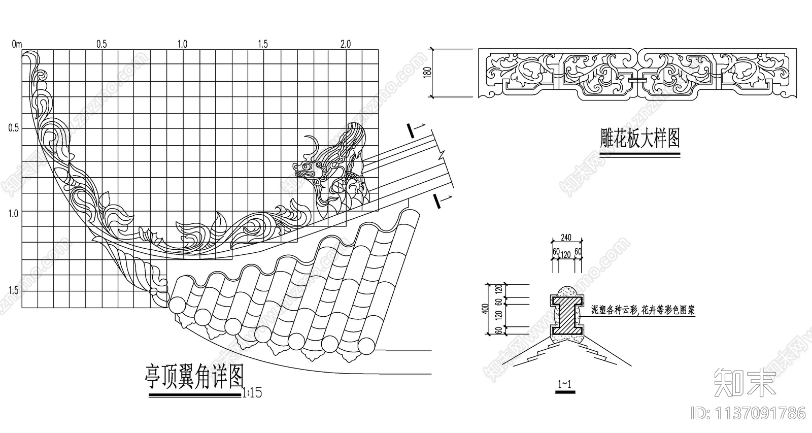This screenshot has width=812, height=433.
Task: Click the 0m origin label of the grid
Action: (x=17, y=44)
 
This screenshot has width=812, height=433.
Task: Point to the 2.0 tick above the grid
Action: (x=345, y=44)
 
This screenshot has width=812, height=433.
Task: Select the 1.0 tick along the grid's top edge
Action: (x=182, y=44)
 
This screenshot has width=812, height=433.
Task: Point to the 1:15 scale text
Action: (x=252, y=393)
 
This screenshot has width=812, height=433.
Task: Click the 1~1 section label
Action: (x=564, y=385)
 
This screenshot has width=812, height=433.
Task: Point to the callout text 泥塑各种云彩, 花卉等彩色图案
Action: (x=643, y=310)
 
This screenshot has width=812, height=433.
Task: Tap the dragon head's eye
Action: (x=306, y=166)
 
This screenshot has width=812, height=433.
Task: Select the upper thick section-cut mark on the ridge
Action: (x=411, y=131)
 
